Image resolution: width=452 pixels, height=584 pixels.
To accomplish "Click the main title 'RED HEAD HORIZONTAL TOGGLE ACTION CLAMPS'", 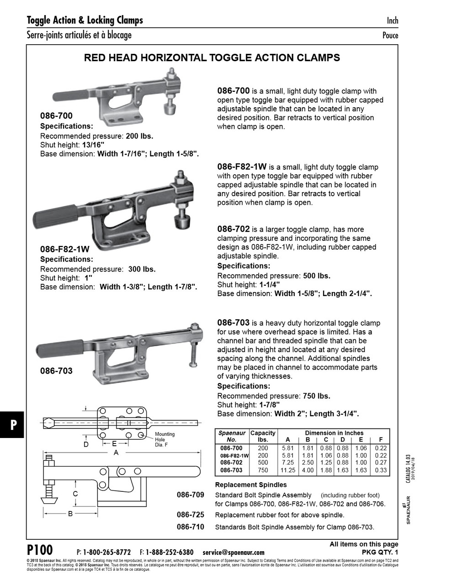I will click(213, 58).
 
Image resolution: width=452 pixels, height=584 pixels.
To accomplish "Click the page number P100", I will click(40, 549).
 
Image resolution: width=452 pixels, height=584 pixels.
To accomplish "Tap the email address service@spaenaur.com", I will click(233, 552).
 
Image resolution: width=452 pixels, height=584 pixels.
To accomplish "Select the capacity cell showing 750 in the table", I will click(263, 470).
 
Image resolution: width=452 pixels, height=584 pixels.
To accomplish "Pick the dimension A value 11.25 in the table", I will click(287, 470).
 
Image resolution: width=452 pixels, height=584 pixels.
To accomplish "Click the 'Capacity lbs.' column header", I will click(263, 436).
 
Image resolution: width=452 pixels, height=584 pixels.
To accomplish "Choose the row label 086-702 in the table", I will click(232, 463).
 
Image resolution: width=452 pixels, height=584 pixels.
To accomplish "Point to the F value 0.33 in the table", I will click(380, 470).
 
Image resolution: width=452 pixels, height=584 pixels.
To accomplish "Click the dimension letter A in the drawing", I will click(116, 453).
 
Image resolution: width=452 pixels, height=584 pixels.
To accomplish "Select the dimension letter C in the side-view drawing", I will click(75, 494).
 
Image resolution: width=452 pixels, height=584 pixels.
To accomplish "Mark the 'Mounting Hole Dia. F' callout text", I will click(164, 439).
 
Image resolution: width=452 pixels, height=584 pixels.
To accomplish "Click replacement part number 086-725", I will click(190, 515).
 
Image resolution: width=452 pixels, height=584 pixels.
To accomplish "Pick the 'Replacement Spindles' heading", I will click(250, 485).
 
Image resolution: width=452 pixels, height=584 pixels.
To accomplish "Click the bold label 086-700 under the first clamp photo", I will click(56, 116).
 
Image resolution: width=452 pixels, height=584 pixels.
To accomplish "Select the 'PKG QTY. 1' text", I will click(377, 552).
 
